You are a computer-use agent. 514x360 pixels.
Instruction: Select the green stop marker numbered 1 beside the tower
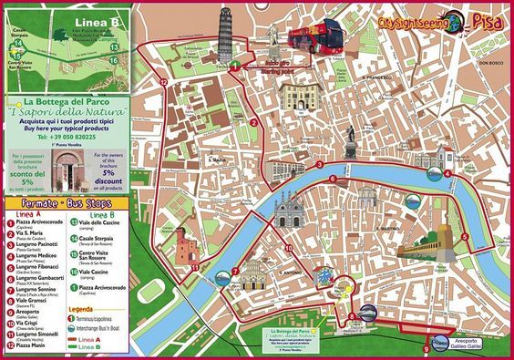pos(233,66)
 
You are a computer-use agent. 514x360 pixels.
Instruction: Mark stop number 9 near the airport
pos(427,347)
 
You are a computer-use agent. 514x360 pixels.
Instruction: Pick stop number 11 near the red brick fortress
pos(195,266)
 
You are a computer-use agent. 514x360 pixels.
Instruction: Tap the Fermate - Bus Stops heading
pos(65,202)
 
